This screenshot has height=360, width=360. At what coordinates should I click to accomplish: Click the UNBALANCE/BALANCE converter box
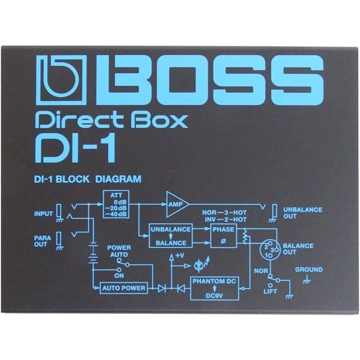(170, 235)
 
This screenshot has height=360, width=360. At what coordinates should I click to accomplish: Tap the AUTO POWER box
(124, 288)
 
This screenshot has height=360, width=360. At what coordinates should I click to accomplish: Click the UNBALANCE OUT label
(303, 212)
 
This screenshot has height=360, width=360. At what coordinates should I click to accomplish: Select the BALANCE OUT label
(298, 249)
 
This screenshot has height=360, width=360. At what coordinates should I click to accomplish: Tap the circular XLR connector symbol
(268, 250)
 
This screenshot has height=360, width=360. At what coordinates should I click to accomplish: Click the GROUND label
(309, 269)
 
